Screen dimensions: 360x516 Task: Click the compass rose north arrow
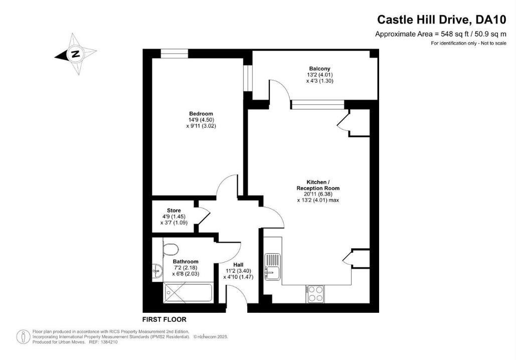[x=75, y=54]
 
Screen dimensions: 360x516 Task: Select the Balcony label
[x=319, y=69]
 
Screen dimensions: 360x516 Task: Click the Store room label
[x=174, y=210]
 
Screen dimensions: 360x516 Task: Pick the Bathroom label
[x=186, y=261]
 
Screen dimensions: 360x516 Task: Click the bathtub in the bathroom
[x=188, y=292]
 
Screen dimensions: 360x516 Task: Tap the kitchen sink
[x=273, y=266]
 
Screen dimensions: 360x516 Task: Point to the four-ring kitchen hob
[x=315, y=293]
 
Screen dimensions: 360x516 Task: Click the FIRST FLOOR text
[x=164, y=319]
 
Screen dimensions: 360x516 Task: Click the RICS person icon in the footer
[x=23, y=336]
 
